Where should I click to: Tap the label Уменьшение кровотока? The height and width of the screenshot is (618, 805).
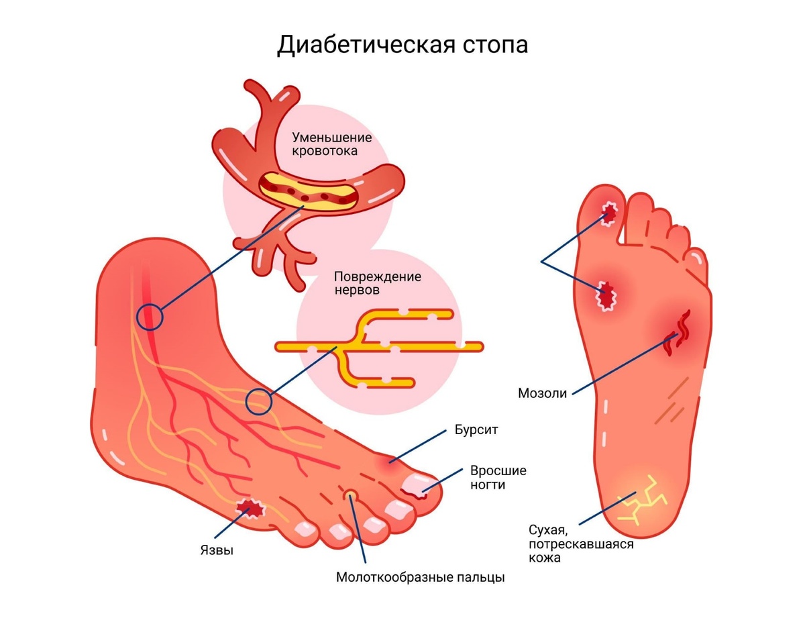click(331, 144)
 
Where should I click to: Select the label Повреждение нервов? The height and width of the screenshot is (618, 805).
click(377, 284)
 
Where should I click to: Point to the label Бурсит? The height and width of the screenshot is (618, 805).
click(476, 430)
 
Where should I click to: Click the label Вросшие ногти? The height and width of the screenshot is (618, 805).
click(498, 477)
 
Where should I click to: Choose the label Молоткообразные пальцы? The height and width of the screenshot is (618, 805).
click(420, 576)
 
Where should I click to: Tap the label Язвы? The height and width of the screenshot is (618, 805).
click(217, 551)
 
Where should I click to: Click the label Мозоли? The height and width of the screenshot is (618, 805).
click(542, 393)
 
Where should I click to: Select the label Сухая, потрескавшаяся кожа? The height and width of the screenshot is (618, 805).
click(580, 544)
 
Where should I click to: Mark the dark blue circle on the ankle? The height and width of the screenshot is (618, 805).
click(150, 316)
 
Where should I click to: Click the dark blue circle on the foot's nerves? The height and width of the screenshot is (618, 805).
click(258, 401)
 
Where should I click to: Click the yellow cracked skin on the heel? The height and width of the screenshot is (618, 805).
click(641, 500)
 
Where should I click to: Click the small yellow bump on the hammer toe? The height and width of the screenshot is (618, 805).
click(350, 495)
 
